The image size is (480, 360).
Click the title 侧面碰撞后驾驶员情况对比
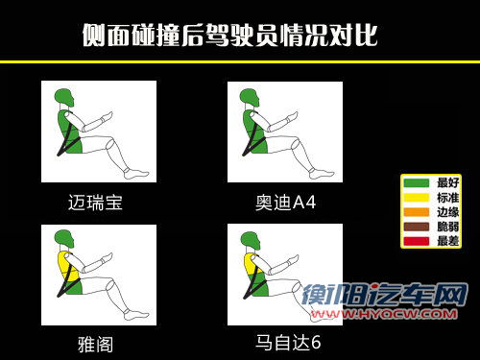click(x=230, y=36)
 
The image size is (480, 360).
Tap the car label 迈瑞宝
click(x=95, y=203)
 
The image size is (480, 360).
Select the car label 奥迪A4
click(x=285, y=203)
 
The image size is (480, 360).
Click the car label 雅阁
click(x=95, y=345)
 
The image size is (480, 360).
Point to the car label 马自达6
click(x=288, y=343)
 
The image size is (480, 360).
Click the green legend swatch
click(x=416, y=182)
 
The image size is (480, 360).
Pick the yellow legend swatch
click(x=416, y=198)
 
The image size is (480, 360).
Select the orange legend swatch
click(x=416, y=212)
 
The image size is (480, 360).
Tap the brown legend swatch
click(x=416, y=227)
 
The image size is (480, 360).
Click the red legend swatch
click(x=416, y=241)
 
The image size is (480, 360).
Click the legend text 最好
click(x=447, y=182)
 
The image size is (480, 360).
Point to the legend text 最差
click(x=447, y=241)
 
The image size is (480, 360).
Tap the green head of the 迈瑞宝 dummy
click(x=64, y=97)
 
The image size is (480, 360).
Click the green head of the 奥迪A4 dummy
click(x=250, y=98)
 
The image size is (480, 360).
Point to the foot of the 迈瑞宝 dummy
click(x=135, y=174)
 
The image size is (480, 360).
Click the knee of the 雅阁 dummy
click(x=109, y=284)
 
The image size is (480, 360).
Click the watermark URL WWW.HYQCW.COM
click(x=384, y=314)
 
